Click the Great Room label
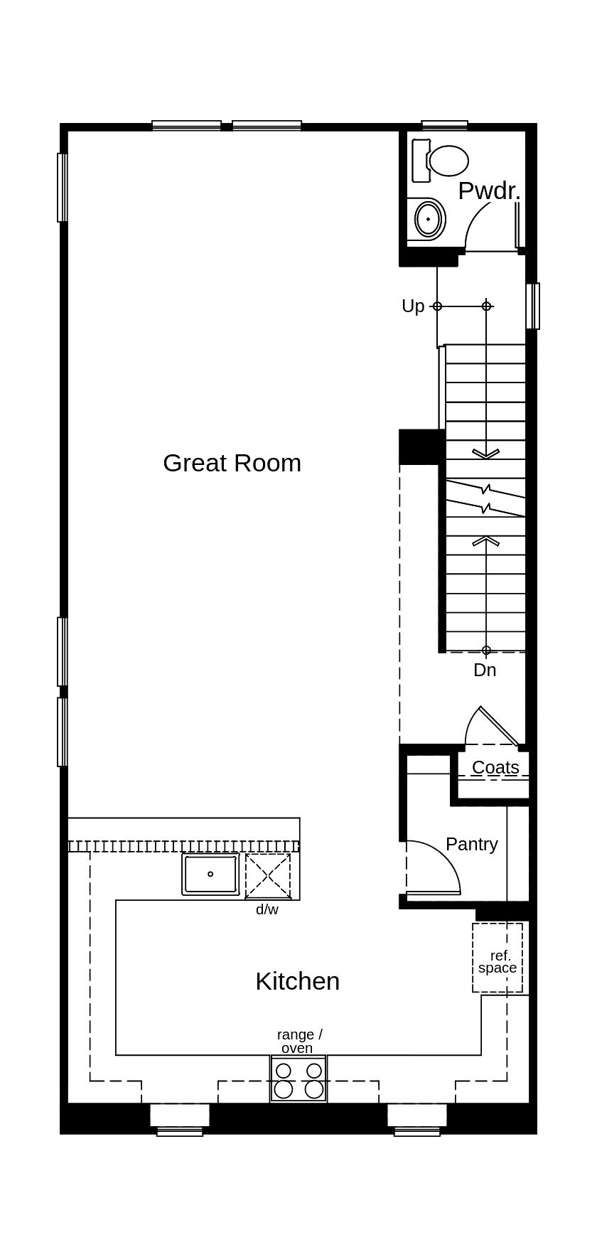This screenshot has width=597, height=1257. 232,463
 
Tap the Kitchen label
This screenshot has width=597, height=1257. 297,981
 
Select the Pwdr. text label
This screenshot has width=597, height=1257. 489,191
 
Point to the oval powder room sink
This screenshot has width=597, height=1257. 428,220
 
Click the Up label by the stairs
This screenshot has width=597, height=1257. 412,306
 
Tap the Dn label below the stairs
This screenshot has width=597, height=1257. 485,670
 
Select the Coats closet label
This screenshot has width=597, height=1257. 495,768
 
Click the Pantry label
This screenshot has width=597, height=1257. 471,844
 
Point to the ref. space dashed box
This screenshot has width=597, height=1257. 497,958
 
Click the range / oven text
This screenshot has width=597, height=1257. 298,1041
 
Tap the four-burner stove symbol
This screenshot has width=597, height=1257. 298,1079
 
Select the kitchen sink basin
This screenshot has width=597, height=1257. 210,874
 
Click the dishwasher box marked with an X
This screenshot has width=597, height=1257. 268,877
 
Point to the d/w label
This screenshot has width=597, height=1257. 267,909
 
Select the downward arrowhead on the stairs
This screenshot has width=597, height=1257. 486,454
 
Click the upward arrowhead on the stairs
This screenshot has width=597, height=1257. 486,542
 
